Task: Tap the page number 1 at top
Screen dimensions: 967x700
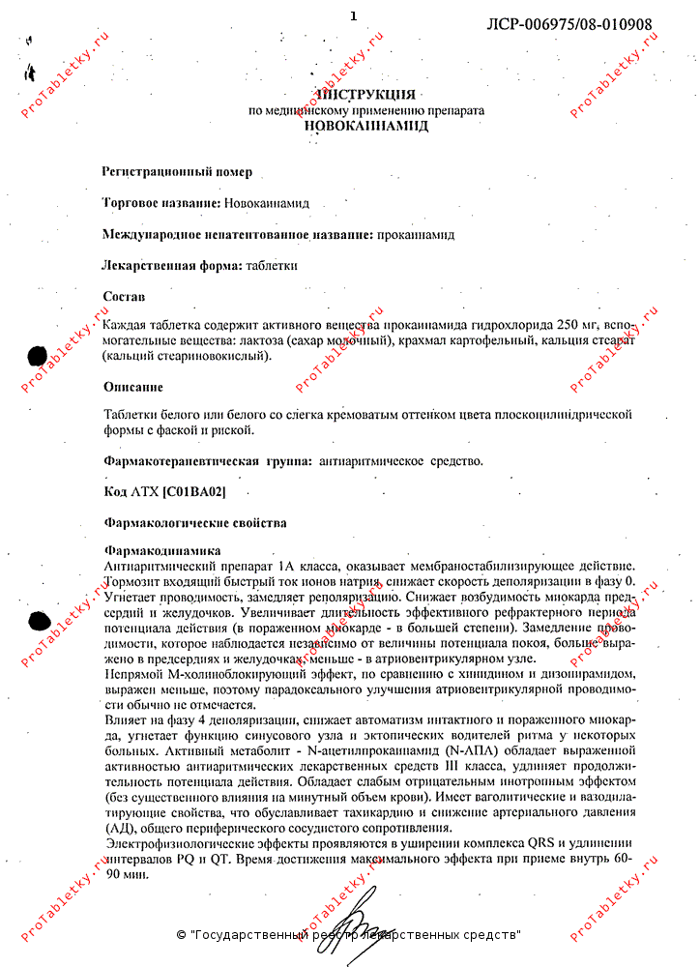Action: (353, 16)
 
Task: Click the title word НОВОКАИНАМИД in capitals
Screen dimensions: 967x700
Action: (365, 126)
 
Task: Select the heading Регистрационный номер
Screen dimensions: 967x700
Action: (177, 172)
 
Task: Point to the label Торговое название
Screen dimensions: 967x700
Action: (160, 203)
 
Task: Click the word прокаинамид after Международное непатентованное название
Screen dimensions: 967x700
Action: (415, 234)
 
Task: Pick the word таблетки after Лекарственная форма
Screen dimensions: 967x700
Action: (272, 265)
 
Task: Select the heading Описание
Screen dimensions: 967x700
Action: (133, 387)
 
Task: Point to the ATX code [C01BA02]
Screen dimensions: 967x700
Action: (194, 492)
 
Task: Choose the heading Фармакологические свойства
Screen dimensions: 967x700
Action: (194, 523)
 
